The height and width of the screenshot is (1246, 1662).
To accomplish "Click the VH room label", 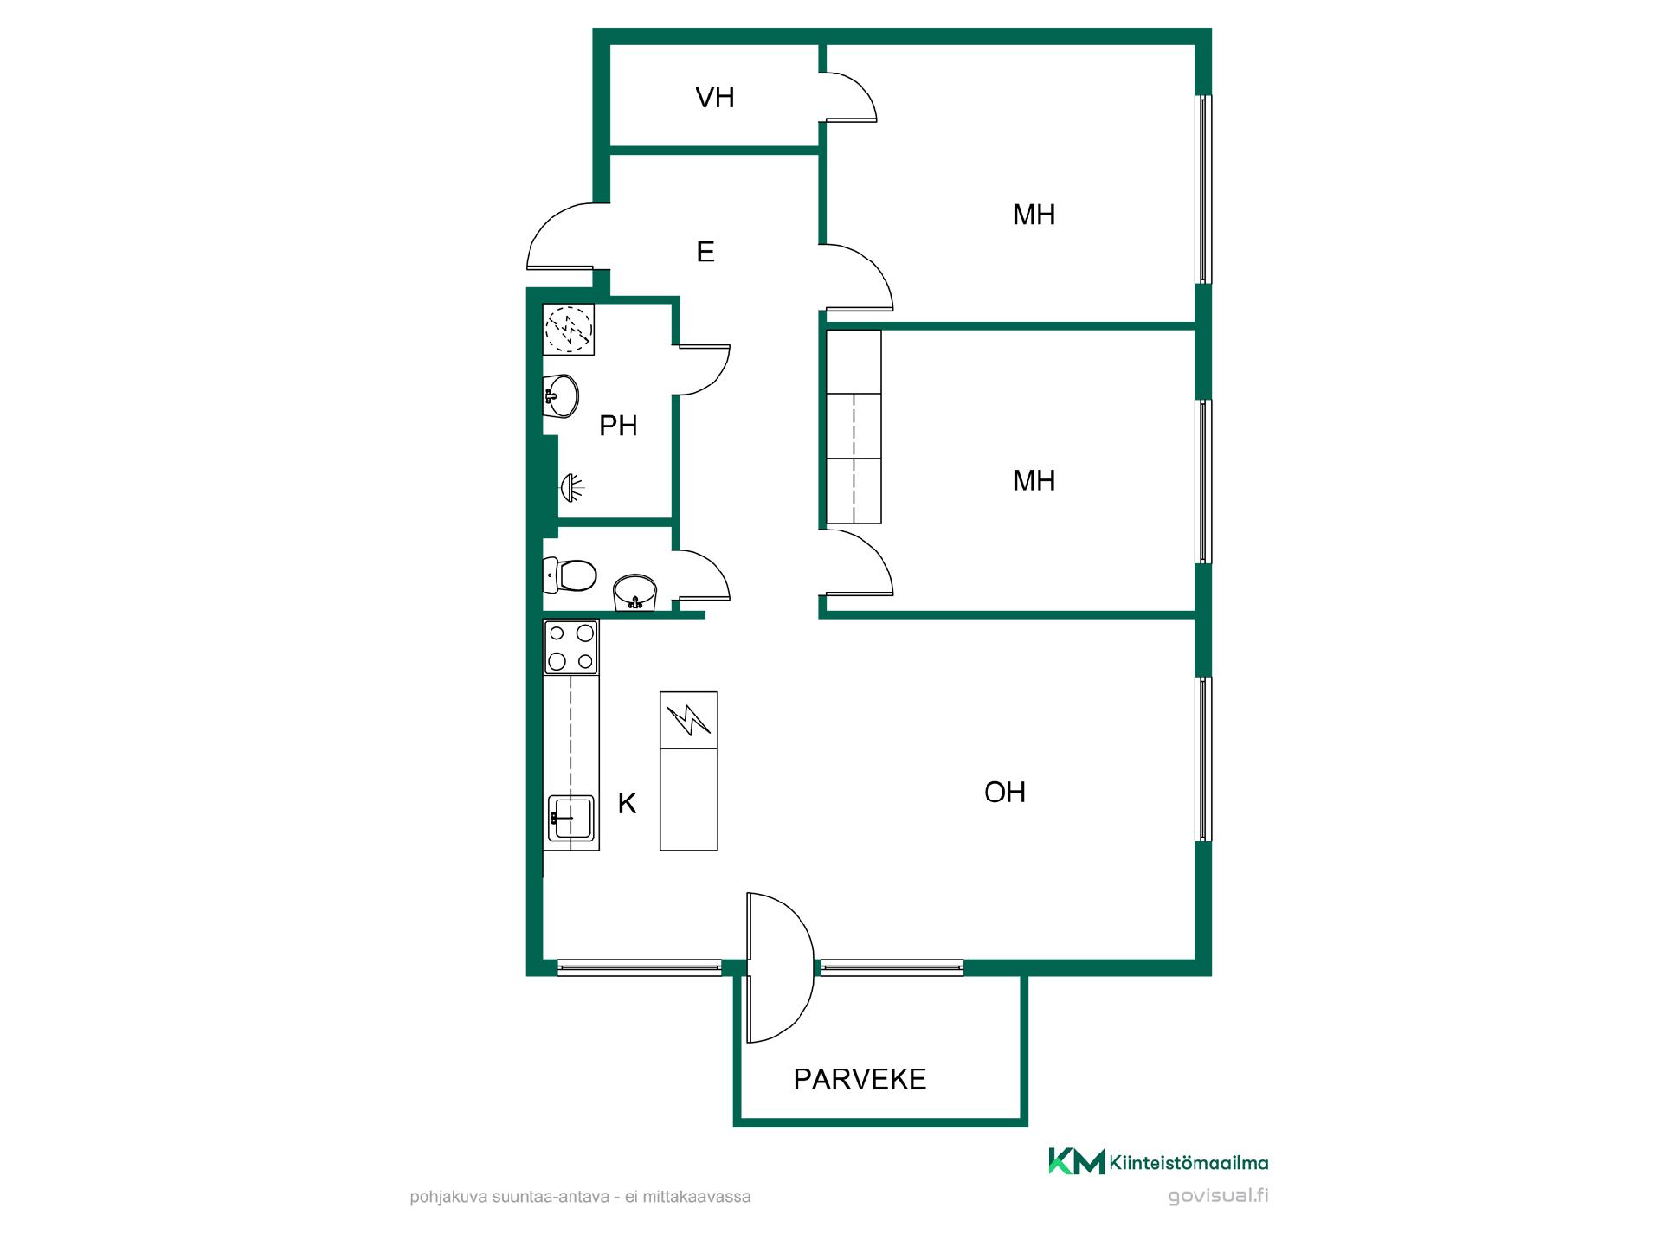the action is pos(715,98).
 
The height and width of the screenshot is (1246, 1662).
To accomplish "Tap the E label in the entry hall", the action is pos(705,252).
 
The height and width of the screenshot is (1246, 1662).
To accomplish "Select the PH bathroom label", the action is pos(618,426).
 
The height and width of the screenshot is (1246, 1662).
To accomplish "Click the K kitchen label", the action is pos(627,804).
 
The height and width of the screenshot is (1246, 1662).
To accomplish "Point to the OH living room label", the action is pos(1005,792).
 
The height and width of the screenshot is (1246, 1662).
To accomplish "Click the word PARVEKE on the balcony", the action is pos(860,1079).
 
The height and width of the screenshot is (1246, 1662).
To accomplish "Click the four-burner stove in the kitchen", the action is pos(570,647).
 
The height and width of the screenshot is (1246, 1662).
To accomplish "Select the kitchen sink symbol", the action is pos(570,818).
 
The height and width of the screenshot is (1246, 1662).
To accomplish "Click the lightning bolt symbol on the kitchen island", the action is pos(688,718).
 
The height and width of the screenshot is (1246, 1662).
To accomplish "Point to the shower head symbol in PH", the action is pos(572,487).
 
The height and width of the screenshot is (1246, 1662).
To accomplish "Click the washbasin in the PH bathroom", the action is pos(560,396).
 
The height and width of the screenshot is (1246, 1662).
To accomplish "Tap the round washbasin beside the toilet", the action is pos(635,592).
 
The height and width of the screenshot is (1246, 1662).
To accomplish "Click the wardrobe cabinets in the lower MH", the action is pos(854,427).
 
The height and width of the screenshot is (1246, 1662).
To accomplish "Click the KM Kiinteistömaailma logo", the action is pos(1158,1161).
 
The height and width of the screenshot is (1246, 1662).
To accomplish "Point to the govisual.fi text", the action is pos(1218,1197).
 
